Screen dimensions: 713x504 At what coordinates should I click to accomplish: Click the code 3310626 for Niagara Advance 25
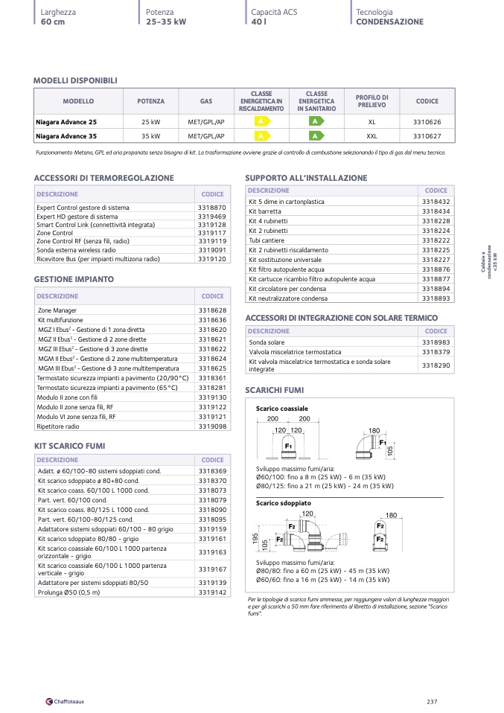pyautogui.click(x=427, y=121)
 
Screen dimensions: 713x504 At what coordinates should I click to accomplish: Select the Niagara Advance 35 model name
pyautogui.click(x=66, y=136)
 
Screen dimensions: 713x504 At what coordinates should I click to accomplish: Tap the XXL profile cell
pyautogui.click(x=372, y=136)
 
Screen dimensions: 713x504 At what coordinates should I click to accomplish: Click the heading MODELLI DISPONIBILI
pyautogui.click(x=75, y=80)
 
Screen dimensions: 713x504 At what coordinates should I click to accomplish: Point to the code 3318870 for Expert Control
pyautogui.click(x=212, y=208)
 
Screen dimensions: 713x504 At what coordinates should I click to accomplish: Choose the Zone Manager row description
pyautogui.click(x=57, y=310)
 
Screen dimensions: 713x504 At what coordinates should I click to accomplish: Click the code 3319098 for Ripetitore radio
pyautogui.click(x=212, y=426)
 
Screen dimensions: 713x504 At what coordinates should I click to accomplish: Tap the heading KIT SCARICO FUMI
pyautogui.click(x=69, y=446)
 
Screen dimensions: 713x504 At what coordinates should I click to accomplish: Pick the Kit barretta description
pyautogui.click(x=265, y=211)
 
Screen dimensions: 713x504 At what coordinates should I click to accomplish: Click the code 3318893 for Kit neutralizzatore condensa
pyautogui.click(x=436, y=298)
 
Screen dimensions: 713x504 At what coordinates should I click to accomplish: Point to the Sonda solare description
pyautogui.click(x=267, y=342)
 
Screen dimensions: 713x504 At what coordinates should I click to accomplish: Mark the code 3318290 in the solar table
pyautogui.click(x=436, y=365)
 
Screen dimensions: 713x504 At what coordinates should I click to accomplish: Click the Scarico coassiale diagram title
pyautogui.click(x=281, y=409)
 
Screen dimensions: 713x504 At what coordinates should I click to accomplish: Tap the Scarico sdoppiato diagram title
pyautogui.click(x=284, y=504)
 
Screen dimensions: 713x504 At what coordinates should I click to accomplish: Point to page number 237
pyautogui.click(x=432, y=701)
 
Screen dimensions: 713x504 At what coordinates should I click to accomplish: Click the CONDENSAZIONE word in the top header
pyautogui.click(x=389, y=22)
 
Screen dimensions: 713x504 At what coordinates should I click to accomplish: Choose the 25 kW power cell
pyautogui.click(x=151, y=121)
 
